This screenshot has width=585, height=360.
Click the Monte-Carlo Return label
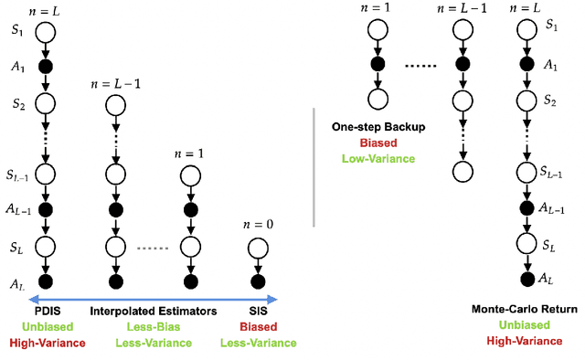525,310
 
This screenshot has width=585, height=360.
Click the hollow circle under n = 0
257,247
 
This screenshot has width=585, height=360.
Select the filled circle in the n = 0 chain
257,280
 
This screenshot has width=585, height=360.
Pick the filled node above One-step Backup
374,64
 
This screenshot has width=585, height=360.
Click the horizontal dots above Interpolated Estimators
152,247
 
